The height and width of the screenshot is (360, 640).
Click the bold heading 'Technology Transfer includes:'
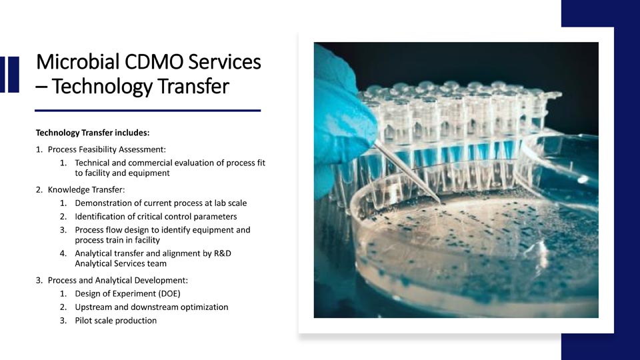pyautogui.click(x=93, y=133)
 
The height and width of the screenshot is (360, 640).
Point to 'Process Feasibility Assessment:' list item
pyautogui.click(x=107, y=149)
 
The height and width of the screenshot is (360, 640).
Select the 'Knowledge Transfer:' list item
pyautogui.click(x=86, y=189)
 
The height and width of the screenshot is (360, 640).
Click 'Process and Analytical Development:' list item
pyautogui.click(x=117, y=280)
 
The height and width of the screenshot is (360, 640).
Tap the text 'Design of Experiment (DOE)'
pyautogui.click(x=127, y=293)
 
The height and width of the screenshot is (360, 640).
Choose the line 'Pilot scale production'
pyautogui.click(x=115, y=321)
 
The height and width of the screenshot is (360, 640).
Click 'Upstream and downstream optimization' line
pyautogui.click(x=151, y=307)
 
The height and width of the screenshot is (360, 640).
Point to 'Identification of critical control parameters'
pyautogui.click(x=155, y=216)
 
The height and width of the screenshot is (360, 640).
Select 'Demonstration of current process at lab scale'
pyautogui.click(x=161, y=203)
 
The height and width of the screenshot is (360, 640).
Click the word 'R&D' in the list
pyautogui.click(x=223, y=253)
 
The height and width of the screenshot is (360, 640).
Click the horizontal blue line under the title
pyautogui.click(x=148, y=110)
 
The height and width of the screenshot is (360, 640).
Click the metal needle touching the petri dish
pyautogui.click(x=407, y=172)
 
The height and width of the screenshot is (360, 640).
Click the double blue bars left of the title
pyautogui.click(x=9, y=74)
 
